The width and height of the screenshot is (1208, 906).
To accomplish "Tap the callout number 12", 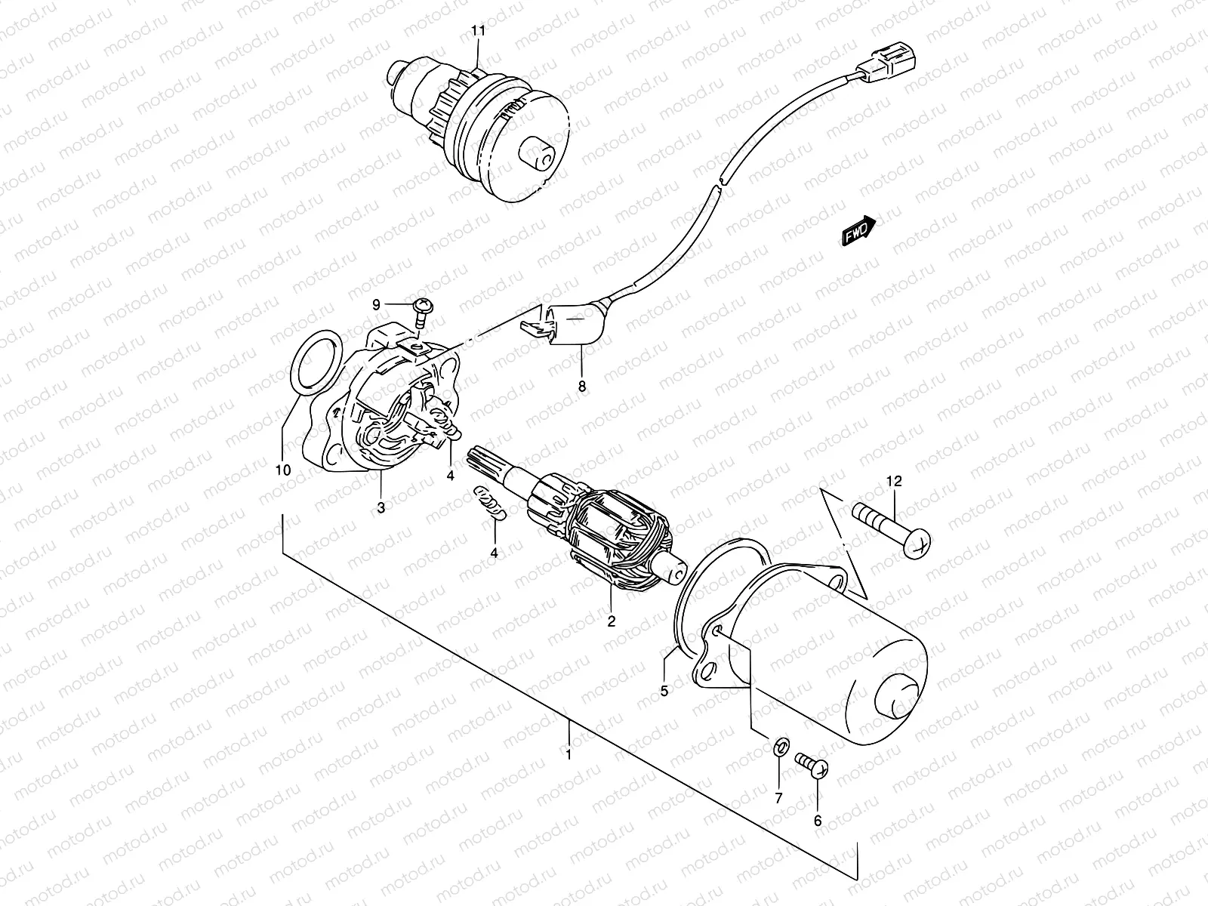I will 894,481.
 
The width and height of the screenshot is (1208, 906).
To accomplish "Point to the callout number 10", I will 283,470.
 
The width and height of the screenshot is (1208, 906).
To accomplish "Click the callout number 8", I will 581,387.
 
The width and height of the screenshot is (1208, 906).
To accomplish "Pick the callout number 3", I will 381,507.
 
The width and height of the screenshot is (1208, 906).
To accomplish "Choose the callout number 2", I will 611,621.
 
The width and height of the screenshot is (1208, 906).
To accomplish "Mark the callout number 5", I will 664,689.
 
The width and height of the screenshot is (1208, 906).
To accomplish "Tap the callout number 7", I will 778,797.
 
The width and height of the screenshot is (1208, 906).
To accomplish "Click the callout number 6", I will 818,820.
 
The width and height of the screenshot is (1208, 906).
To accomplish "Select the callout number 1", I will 568,753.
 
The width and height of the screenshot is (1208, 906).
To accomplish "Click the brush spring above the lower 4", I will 491,503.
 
